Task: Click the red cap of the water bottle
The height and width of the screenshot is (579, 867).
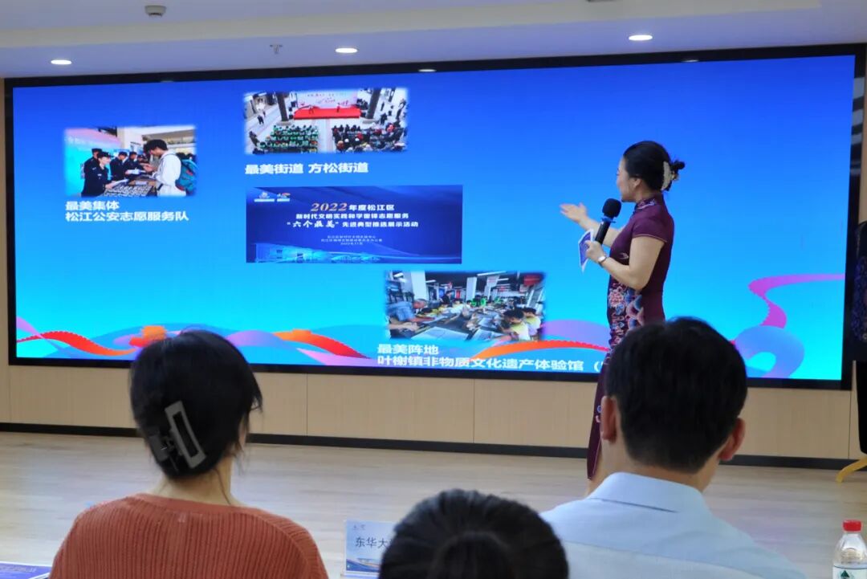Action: (x=852, y=527)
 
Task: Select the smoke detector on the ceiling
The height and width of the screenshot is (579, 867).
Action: (x=155, y=10)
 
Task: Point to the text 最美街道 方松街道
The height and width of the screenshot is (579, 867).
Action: (x=307, y=169)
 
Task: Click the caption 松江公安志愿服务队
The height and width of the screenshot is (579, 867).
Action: (x=127, y=217)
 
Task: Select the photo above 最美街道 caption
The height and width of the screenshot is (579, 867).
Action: (x=325, y=120)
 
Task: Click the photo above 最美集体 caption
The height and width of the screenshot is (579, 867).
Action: (x=130, y=161)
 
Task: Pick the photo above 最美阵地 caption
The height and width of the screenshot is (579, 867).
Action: (x=464, y=307)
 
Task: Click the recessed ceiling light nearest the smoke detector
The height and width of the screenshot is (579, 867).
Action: (x=61, y=61)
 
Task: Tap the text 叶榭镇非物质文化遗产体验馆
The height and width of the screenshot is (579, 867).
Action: (x=480, y=364)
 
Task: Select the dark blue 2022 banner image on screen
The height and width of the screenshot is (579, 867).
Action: (x=354, y=225)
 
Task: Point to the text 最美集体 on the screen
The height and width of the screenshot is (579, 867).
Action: (x=92, y=205)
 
